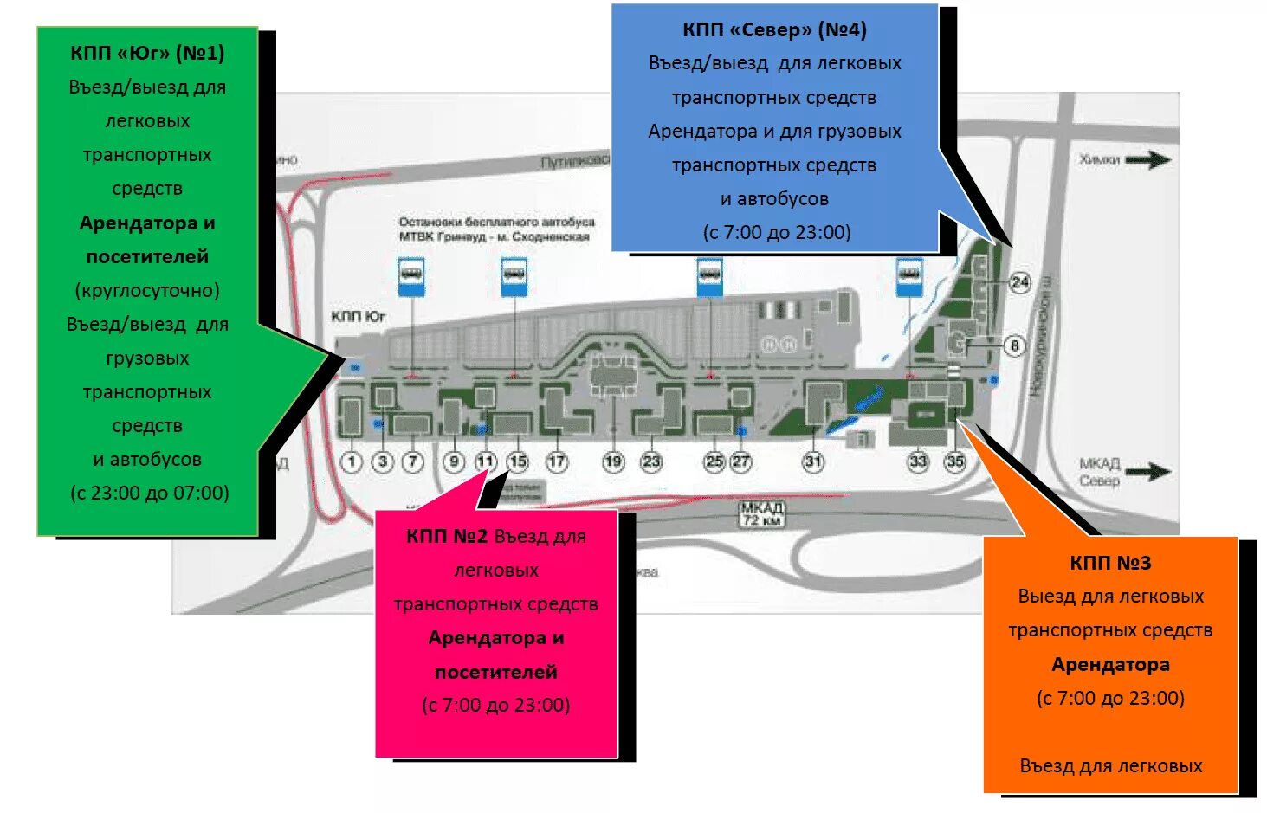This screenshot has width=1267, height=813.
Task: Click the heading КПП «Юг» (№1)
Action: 147,54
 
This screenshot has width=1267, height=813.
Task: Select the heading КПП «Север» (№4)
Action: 774,30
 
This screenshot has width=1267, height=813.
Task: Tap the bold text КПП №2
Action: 447,537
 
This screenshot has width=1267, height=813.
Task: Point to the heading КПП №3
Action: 1110,564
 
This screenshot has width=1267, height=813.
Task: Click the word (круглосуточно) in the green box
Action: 147,291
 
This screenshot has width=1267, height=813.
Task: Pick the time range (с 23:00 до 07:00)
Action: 149,494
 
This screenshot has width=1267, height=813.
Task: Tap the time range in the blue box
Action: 777,233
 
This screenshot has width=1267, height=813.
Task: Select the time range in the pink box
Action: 496,706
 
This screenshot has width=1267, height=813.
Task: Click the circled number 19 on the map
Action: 613,461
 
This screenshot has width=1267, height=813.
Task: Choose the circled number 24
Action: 1020,282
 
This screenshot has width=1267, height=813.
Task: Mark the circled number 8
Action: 1014,345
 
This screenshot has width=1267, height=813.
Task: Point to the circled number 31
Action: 812,461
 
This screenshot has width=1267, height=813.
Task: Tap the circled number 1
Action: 351,461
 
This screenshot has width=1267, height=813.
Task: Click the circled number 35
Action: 955,461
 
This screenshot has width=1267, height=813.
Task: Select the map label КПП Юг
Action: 358,317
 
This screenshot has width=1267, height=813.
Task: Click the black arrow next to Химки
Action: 1148,160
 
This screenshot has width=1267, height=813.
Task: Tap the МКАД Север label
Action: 1100,472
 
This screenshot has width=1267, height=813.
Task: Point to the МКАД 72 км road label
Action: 762,514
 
